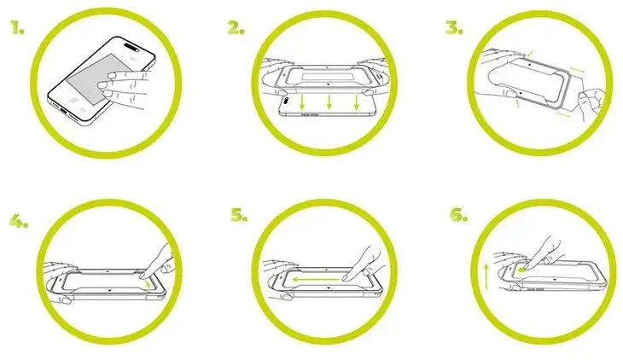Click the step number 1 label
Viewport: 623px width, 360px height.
pyautogui.click(x=17, y=28)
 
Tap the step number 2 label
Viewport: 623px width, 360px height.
pyautogui.click(x=236, y=28)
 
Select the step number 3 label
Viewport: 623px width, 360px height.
pyautogui.click(x=454, y=28)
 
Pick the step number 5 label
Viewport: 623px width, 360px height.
pyautogui.click(x=239, y=215)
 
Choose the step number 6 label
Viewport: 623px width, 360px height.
pyautogui.click(x=459, y=215)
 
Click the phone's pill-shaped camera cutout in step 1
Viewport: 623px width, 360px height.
pyautogui.click(x=131, y=47)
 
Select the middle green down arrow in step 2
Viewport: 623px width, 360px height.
pyautogui.click(x=329, y=102)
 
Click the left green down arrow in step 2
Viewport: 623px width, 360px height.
pyautogui.click(x=302, y=102)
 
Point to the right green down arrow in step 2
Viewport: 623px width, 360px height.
pyautogui.click(x=357, y=102)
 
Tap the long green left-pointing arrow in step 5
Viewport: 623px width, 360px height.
pyautogui.click(x=316, y=279)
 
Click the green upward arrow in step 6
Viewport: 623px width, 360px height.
pyautogui.click(x=486, y=277)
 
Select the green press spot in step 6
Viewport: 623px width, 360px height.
pyautogui.click(x=523, y=270)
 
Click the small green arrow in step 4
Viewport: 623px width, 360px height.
pyautogui.click(x=148, y=283)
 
